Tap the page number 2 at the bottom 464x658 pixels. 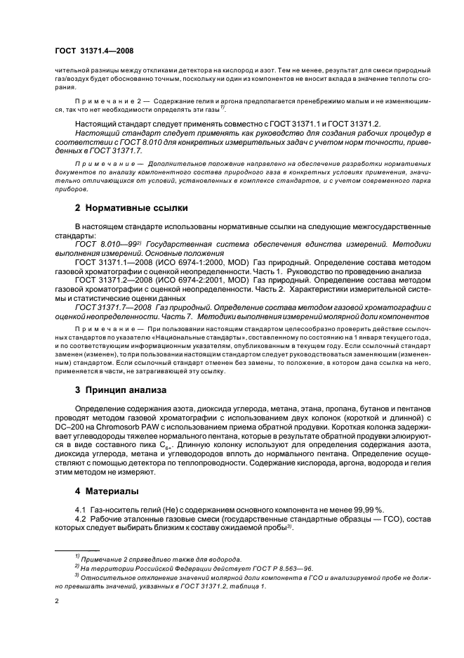point(58,600)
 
